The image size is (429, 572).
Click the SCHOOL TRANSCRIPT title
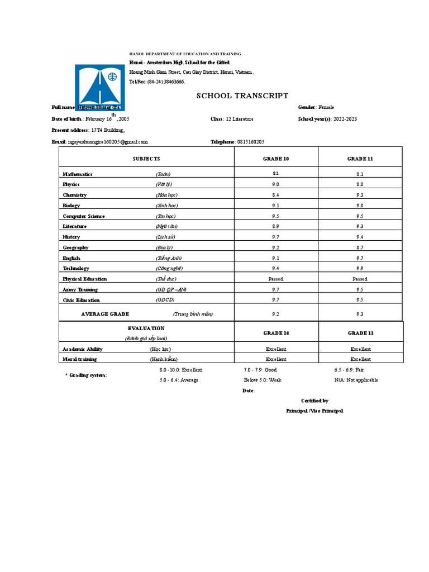pos(242,96)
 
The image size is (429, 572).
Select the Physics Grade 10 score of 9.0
pos(275,184)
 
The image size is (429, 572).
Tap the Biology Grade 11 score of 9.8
pos(360,206)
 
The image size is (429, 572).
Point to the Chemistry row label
pos(75,195)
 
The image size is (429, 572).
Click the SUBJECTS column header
pos(146,159)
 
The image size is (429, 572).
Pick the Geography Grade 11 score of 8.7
pos(360,247)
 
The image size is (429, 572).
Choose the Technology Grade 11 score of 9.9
pos(360,269)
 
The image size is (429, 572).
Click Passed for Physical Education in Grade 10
pos(275,279)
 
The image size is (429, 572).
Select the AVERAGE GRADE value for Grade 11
pos(360,314)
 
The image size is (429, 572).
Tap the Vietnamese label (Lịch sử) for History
pos(166,237)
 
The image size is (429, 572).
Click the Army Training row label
pos(80,289)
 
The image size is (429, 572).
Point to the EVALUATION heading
pos(146,328)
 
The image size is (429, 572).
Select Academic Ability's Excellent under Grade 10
pos(276,349)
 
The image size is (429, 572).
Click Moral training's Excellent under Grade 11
pos(360,360)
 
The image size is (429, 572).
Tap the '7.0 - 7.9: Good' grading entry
pos(260,370)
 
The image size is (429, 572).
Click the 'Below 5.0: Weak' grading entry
pos(263,380)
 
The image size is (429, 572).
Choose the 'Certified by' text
pos(314,401)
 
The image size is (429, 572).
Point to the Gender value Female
pos(326,107)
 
